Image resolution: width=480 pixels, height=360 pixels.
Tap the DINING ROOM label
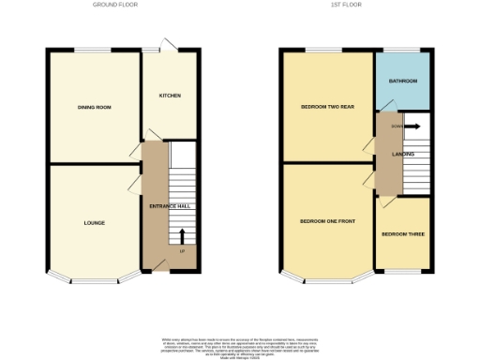tap(95, 108)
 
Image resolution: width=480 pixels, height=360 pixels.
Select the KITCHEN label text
tap(170, 96)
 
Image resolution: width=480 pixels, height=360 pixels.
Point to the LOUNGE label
tap(94, 223)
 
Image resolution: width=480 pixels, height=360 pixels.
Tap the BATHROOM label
tap(403, 82)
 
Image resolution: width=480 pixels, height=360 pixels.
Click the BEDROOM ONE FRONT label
tap(327, 221)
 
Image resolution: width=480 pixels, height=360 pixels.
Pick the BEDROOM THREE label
tap(404, 233)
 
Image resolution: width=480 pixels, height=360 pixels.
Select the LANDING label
tap(404, 154)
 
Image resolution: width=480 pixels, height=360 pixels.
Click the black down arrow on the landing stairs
tap(412, 125)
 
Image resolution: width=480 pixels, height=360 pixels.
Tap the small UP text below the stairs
tap(182, 252)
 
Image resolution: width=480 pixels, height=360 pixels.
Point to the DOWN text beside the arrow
tap(397, 125)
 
